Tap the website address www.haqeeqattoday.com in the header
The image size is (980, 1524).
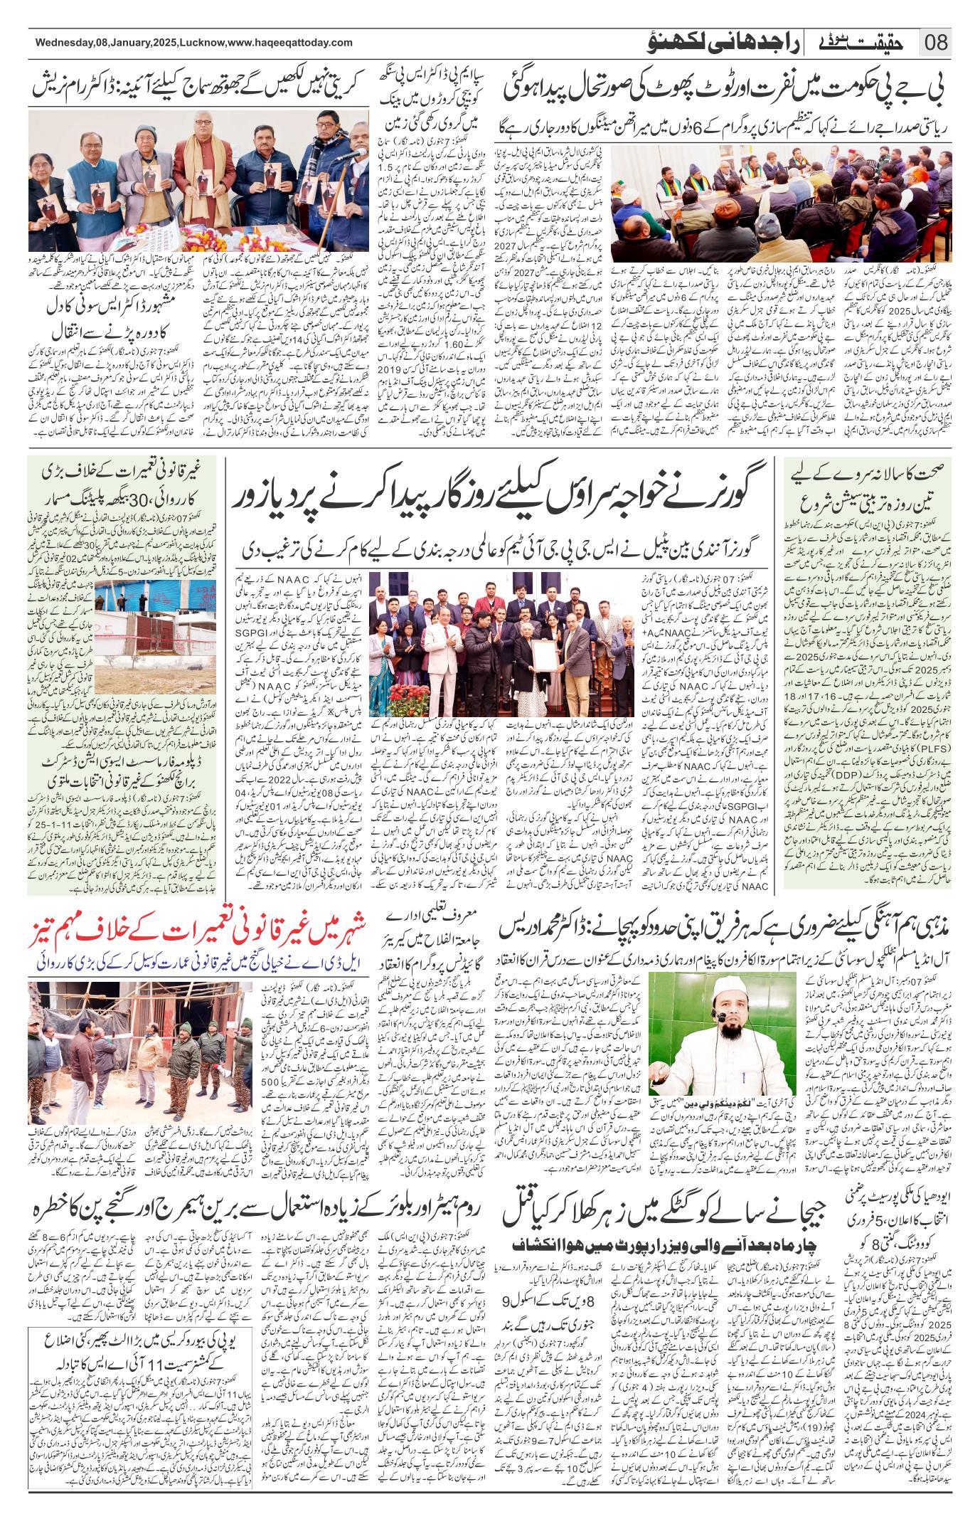[291, 43]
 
